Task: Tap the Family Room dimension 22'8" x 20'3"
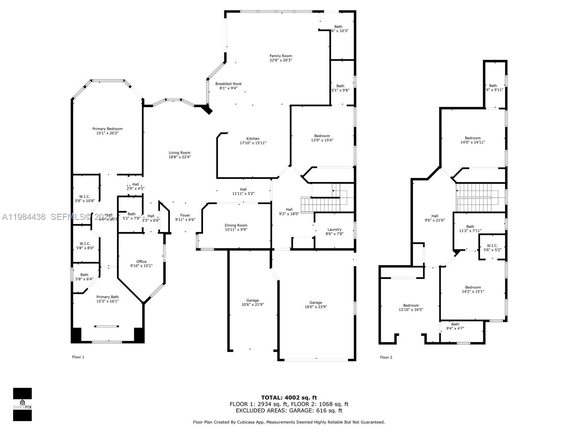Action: point(281,60)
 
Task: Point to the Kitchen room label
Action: point(253,139)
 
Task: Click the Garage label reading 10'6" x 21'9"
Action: point(253,303)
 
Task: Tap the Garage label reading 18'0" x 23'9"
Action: point(315,305)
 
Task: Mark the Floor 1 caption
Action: point(78,357)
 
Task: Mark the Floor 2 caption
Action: point(386,357)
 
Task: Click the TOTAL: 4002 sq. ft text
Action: point(289,398)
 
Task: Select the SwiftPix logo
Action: point(22,404)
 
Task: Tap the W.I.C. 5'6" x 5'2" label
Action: point(492,248)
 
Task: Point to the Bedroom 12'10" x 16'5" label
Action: point(411,308)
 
